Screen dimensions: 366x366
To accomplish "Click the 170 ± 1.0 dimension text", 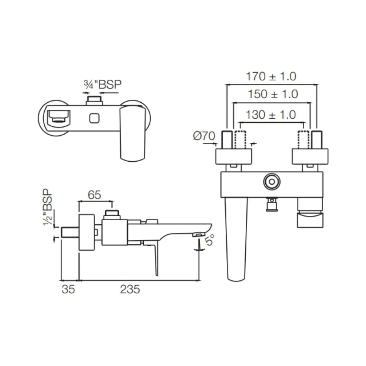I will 271,77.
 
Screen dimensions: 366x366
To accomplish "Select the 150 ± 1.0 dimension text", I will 273,94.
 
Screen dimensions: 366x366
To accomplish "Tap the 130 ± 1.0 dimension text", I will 271,115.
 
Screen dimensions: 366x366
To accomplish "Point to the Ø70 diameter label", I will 204,136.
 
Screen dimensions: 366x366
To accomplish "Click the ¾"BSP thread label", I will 103,84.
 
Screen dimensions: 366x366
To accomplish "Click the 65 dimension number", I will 95,195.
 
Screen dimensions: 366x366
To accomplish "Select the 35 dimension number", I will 68,289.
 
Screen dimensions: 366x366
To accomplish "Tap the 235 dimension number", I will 130,289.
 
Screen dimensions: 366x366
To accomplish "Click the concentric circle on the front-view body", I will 271,182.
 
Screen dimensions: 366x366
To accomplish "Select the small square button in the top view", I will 95,118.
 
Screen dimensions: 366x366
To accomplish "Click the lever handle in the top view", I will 132,132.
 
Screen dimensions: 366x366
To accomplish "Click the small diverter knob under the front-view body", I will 271,204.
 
